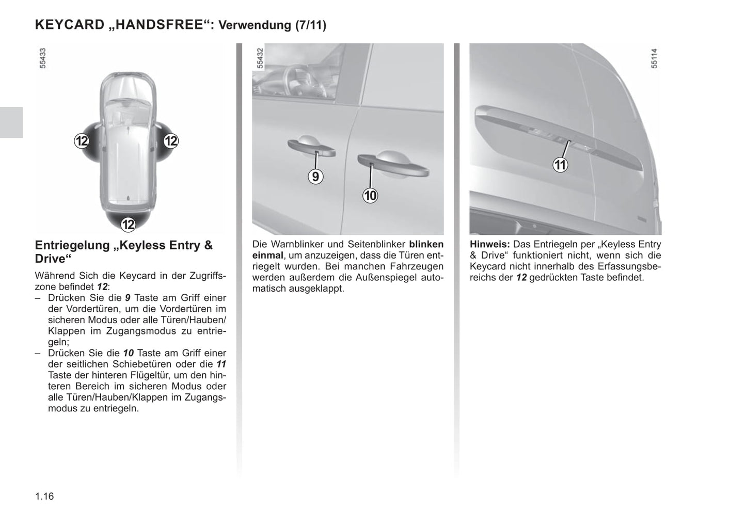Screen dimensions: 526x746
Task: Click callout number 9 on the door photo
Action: point(315,177)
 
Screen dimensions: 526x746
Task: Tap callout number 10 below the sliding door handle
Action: point(370,196)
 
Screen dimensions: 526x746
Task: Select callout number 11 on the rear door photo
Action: point(560,165)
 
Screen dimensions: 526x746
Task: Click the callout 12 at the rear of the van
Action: point(128,224)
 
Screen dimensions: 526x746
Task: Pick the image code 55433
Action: point(43,58)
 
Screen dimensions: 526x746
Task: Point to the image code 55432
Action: point(260,58)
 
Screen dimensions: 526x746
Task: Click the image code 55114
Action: point(654,58)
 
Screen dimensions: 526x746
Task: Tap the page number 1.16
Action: point(44,497)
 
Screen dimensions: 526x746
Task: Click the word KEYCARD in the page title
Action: point(70,25)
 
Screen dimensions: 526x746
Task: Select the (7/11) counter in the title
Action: point(310,25)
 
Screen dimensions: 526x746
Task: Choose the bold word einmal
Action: point(267,256)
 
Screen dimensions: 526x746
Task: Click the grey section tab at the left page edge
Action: point(11,122)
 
